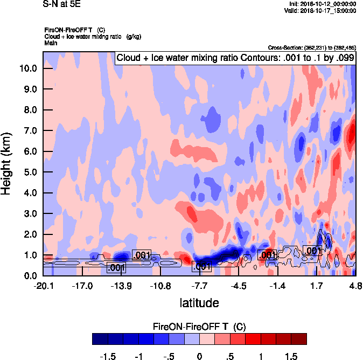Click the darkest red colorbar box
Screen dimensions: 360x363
pos(298,338)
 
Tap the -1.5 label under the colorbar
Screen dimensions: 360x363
pos(108,356)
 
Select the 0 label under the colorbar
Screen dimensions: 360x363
pos(199,356)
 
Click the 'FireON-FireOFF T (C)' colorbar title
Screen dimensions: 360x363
pos(199,327)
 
